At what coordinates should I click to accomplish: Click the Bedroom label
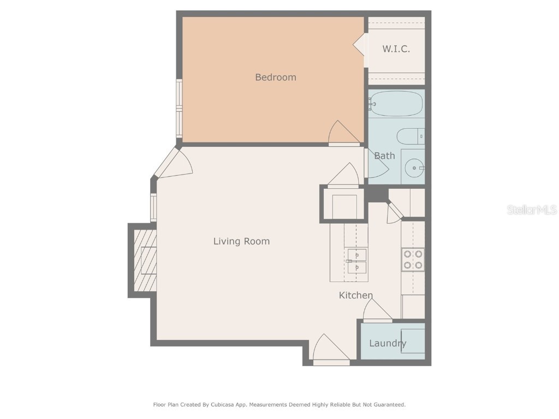[x=276, y=77]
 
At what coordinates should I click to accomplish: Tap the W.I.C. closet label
[x=396, y=49]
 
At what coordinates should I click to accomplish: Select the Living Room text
[x=241, y=241]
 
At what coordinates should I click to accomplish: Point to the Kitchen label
[x=356, y=295]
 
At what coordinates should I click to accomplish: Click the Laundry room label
[x=387, y=343]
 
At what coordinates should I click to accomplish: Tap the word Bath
[x=384, y=155]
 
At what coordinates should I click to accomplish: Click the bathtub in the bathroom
[x=396, y=104]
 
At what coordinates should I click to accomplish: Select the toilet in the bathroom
[x=409, y=136]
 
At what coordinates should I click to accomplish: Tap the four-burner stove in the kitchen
[x=413, y=260]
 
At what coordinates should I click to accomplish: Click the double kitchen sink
[x=357, y=261]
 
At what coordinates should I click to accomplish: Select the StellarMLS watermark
[x=531, y=209]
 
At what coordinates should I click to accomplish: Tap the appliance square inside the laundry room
[x=413, y=341]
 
